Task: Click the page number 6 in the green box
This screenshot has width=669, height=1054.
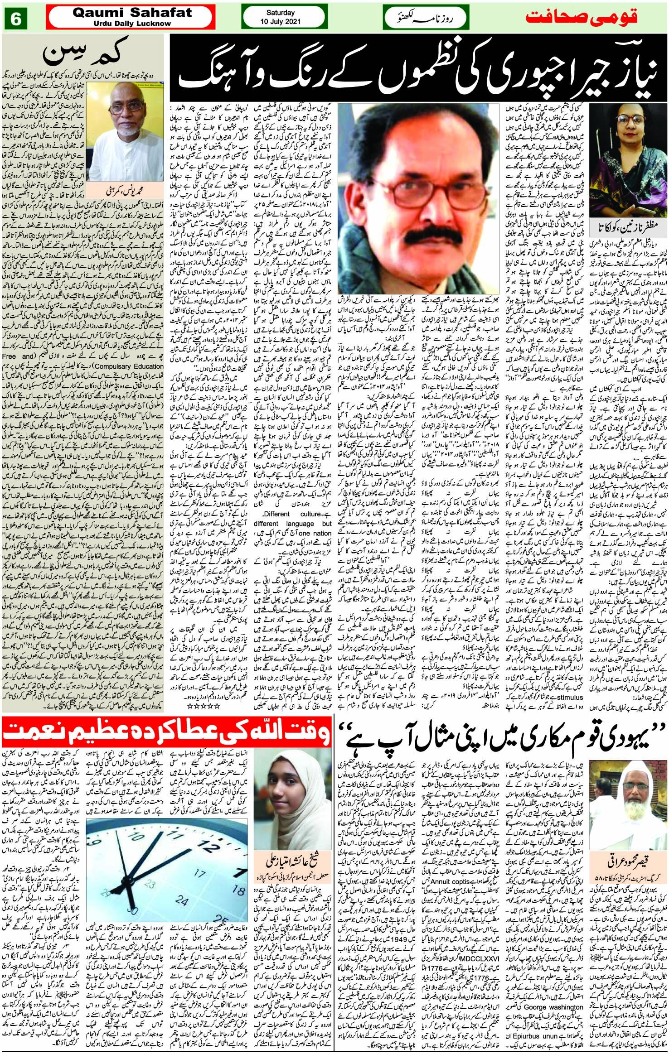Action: point(16,19)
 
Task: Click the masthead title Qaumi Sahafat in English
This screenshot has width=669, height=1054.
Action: point(132,13)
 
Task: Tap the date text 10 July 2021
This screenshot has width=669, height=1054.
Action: point(281,22)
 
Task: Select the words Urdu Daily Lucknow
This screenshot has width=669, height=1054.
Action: point(132,24)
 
